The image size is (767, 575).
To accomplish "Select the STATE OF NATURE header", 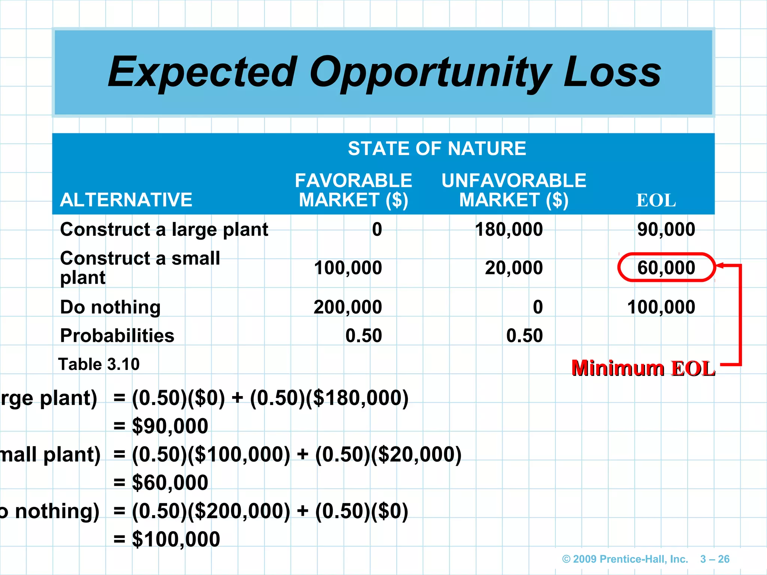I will tap(437, 149).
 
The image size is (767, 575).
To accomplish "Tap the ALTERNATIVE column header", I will tap(126, 200).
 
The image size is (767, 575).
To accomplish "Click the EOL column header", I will tap(656, 201).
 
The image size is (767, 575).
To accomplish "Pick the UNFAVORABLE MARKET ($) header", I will tap(514, 190).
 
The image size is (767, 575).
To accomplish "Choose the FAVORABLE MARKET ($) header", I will tap(353, 190).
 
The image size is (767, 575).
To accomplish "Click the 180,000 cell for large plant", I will tap(509, 229).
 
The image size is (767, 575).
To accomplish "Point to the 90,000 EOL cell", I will tap(666, 229).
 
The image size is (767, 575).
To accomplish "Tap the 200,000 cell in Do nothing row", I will tap(348, 307).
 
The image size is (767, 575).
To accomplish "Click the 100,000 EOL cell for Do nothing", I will tap(661, 307).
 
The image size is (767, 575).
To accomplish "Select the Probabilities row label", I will tap(117, 336).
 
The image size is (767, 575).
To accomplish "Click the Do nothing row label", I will tap(110, 307).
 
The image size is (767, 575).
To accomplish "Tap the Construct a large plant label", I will tap(164, 229).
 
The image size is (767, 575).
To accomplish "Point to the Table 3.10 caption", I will tap(99, 364).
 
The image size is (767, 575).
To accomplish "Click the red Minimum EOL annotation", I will tap(643, 368).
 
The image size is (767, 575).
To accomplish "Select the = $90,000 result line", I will tap(161, 426).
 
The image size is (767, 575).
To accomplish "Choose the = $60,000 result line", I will tap(161, 483).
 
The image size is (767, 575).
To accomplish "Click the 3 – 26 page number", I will tap(715, 559).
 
